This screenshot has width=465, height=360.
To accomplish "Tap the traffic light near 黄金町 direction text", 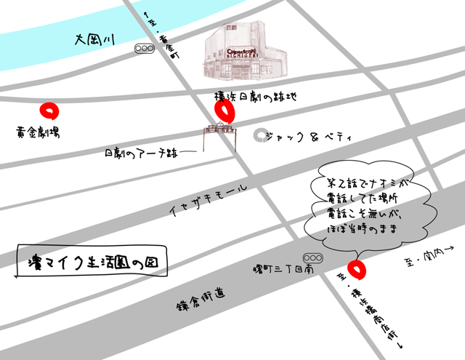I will [x=145, y=49].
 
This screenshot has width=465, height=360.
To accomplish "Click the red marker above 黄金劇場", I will [x=49, y=111].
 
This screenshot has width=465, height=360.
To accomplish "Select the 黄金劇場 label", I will [x=39, y=133].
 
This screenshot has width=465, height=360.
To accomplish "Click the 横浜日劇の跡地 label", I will [x=255, y=97].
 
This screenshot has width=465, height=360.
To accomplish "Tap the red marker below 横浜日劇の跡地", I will [x=225, y=111].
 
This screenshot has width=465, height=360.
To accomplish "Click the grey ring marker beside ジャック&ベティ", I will [x=259, y=136].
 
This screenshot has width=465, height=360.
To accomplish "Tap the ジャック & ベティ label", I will [x=309, y=137].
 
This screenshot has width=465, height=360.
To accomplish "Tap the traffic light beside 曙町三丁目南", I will [x=314, y=258].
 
